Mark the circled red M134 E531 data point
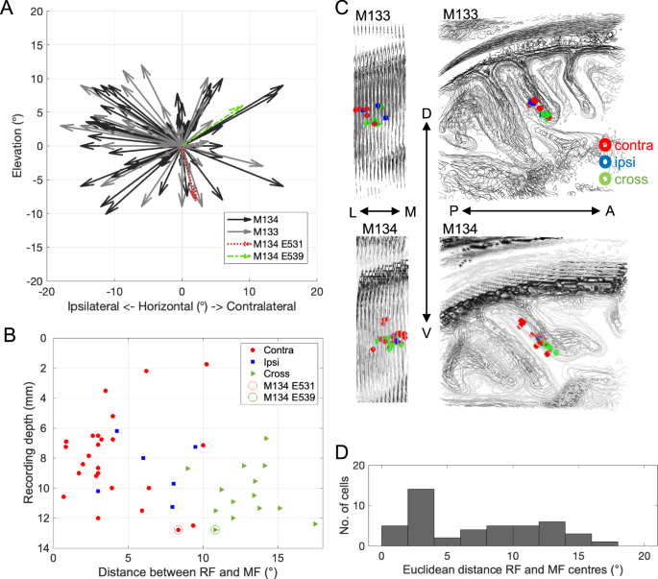(179, 530)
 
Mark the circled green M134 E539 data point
(215, 530)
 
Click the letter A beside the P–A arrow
(609, 211)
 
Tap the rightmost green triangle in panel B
(315, 523)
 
